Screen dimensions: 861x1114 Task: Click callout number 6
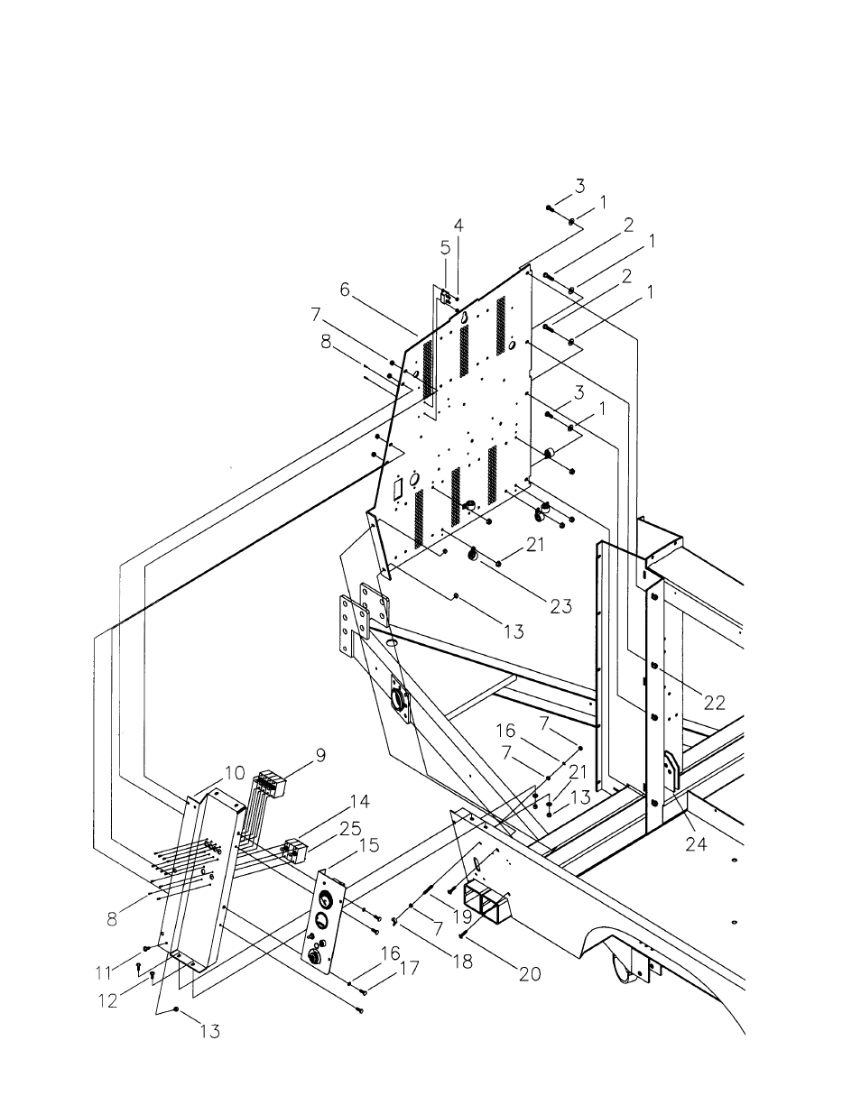[345, 290]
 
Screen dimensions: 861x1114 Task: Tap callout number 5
[445, 248]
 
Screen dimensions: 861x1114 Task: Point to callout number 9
[320, 755]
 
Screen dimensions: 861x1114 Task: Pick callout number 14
[359, 801]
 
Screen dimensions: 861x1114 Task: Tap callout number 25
[350, 828]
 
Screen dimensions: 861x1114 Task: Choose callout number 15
[369, 845]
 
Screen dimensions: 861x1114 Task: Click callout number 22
[714, 703]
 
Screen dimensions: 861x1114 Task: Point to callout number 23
[560, 606]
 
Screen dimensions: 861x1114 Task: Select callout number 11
[104, 972]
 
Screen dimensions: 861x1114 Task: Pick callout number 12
[107, 1000]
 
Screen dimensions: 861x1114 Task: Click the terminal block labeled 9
[271, 784]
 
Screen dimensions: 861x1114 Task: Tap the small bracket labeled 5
[445, 298]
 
